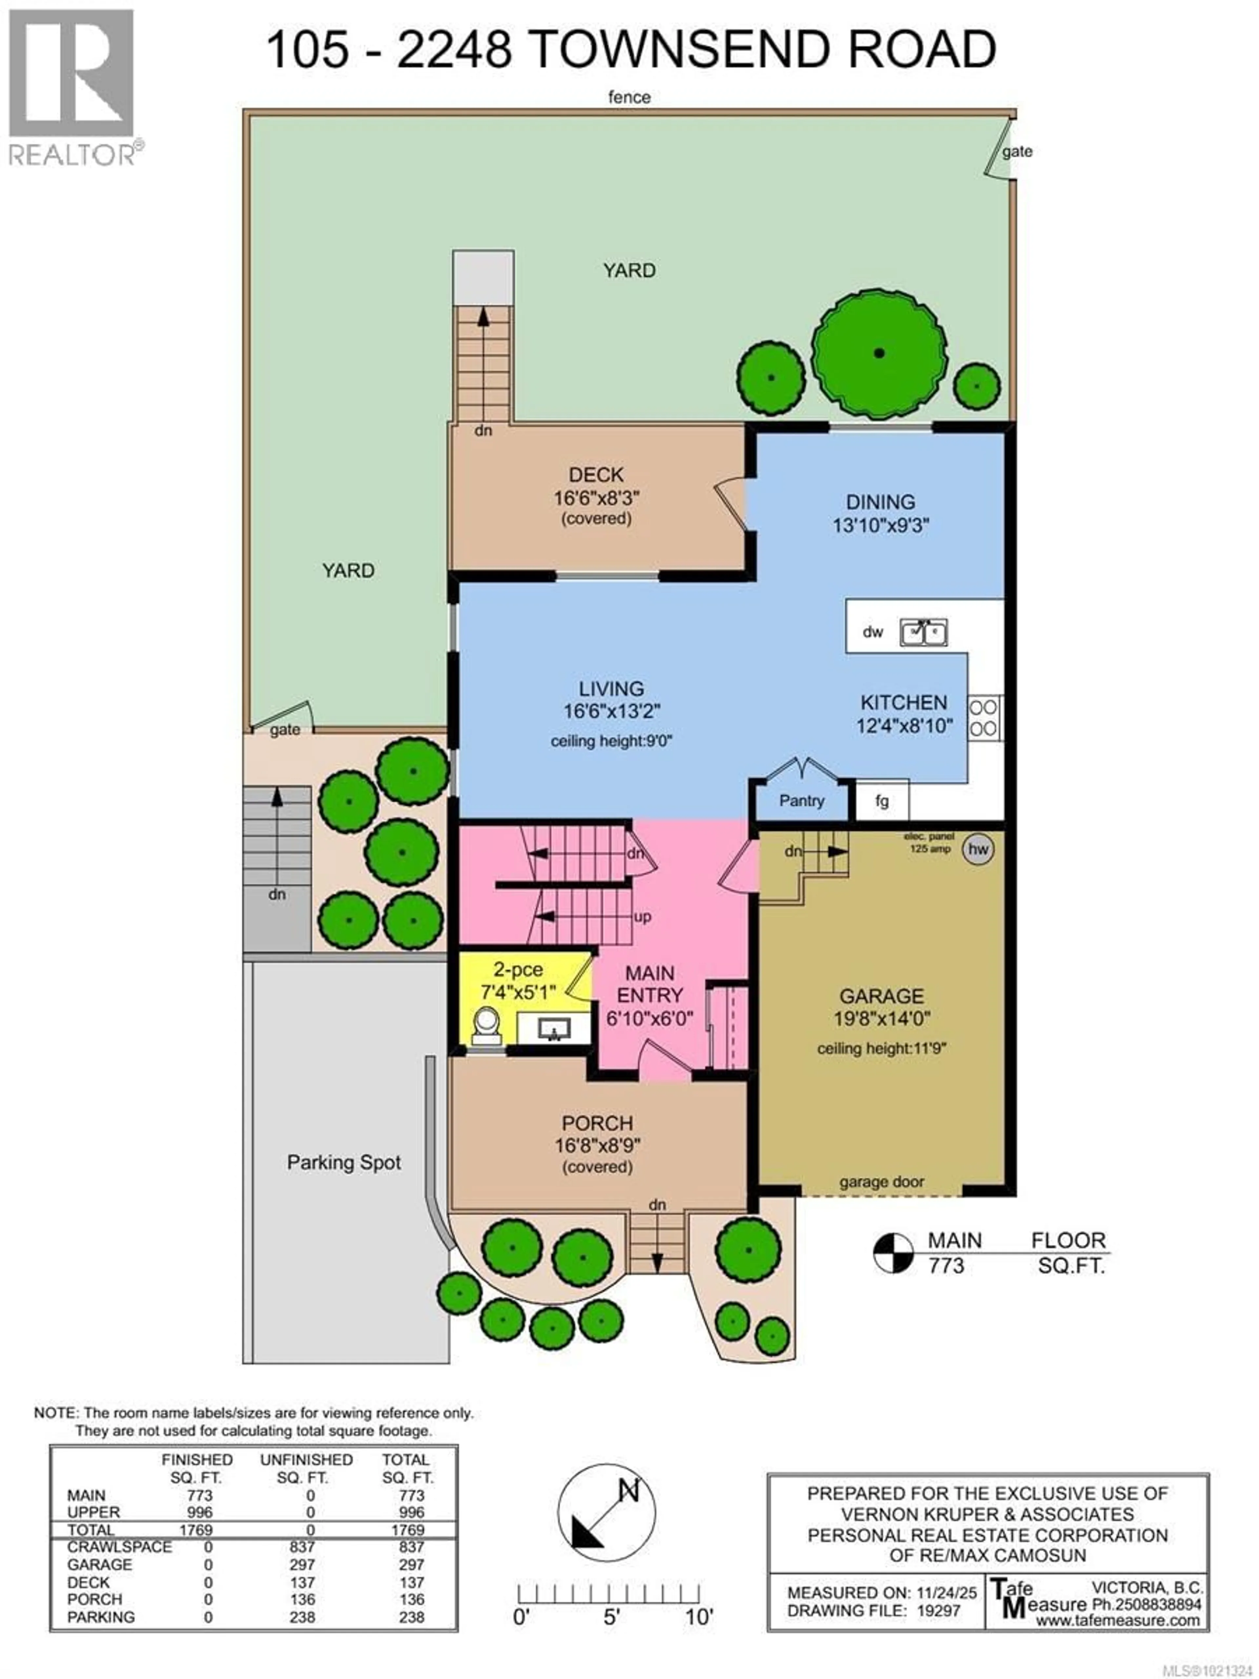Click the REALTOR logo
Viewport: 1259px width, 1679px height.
(72, 87)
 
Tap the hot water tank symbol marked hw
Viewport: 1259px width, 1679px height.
(977, 849)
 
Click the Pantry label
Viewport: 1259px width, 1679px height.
(801, 801)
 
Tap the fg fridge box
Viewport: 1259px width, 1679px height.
(881, 801)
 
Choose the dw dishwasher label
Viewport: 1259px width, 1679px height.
(873, 632)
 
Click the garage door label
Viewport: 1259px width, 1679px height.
(881, 1182)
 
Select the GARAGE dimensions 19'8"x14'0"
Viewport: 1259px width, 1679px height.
(881, 1019)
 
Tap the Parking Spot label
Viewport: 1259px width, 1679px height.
(344, 1162)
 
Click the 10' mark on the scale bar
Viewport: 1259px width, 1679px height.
(698, 1617)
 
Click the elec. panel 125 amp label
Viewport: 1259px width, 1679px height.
(929, 842)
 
